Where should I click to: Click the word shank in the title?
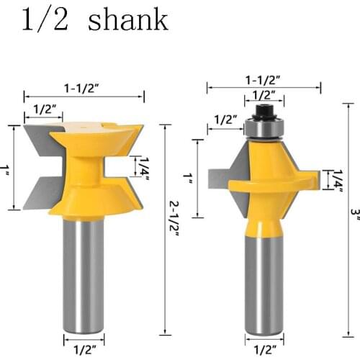[127, 19]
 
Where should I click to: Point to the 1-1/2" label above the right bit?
[264, 81]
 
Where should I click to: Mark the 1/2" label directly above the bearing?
[264, 95]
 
